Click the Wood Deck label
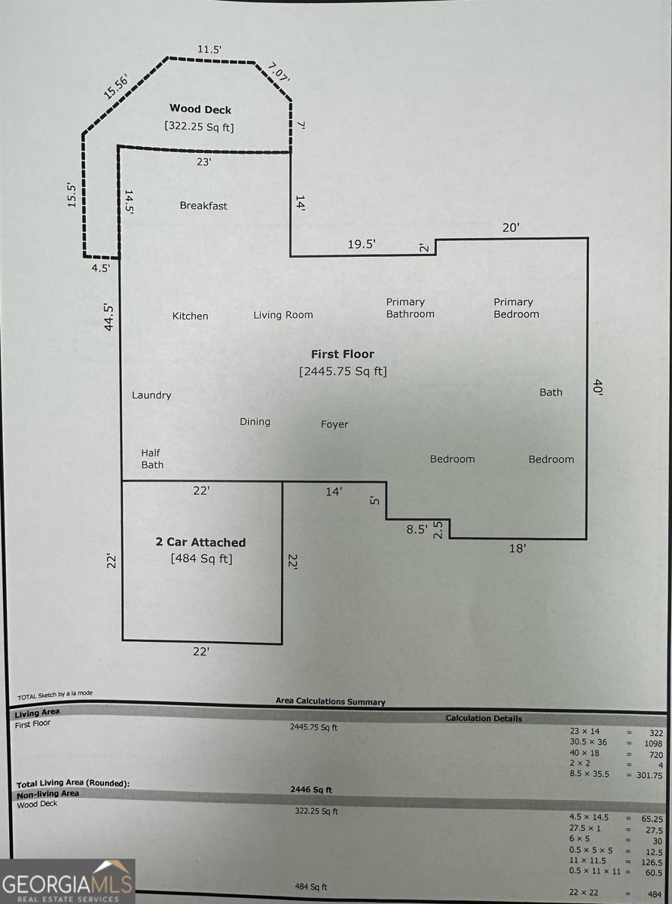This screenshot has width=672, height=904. [x=200, y=109]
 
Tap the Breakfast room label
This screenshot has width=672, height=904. [x=203, y=206]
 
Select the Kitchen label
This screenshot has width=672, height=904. [x=190, y=316]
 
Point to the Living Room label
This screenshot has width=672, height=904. [x=283, y=315]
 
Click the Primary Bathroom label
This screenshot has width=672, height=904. [x=411, y=308]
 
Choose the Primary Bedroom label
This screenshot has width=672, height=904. [x=516, y=308]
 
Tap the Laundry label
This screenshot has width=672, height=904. [x=151, y=395]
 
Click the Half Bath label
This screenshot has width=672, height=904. [x=152, y=459]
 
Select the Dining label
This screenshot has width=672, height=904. [x=255, y=421]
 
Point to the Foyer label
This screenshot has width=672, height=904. [x=334, y=424]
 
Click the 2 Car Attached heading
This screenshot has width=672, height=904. [x=200, y=542]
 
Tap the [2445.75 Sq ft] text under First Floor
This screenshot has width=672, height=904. [x=343, y=371]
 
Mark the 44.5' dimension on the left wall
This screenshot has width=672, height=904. [x=109, y=316]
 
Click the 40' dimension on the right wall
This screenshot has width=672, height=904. [x=598, y=388]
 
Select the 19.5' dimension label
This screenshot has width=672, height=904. [x=362, y=243]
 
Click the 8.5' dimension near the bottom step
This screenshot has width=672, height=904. [x=417, y=529]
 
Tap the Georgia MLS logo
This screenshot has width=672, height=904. [x=68, y=881]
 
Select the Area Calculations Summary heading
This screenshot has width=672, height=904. [x=330, y=701]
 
